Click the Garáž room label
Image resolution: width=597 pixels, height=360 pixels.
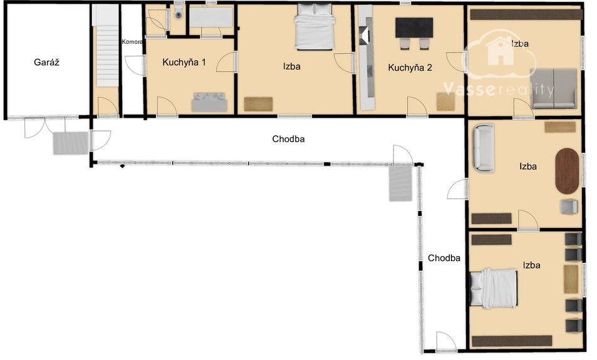click(x=46, y=63)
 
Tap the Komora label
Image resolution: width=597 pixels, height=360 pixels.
click(x=132, y=42)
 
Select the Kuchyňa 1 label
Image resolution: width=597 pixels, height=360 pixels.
click(x=184, y=63)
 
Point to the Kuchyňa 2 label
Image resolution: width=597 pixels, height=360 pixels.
click(x=410, y=68)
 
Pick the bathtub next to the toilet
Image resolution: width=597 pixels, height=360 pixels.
click(x=211, y=17)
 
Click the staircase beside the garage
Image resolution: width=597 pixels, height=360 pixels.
click(x=107, y=46)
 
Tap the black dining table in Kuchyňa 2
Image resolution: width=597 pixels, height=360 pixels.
click(x=414, y=28)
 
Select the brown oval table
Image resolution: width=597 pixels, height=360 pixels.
click(x=567, y=172)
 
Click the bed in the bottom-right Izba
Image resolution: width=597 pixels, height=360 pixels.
click(x=494, y=288)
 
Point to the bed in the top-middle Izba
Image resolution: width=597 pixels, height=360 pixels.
click(x=315, y=27)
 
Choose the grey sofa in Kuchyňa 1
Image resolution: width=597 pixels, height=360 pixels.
click(x=209, y=102)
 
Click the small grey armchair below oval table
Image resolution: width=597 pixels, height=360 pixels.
click(x=569, y=207)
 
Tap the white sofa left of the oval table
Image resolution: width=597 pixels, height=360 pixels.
click(x=484, y=147)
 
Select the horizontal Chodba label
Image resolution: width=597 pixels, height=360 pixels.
click(x=288, y=139)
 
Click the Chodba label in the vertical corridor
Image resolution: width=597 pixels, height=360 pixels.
click(x=444, y=258)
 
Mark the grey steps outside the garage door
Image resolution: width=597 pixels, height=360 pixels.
click(x=71, y=143)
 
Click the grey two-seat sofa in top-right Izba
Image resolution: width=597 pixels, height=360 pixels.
click(x=554, y=88)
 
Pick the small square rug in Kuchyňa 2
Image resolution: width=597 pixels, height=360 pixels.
click(x=446, y=101)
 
